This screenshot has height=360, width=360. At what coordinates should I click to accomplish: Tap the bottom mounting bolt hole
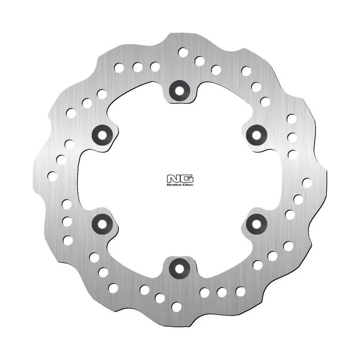click(x=180, y=269)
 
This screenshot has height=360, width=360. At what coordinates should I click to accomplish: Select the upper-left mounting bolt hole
click(x=102, y=134)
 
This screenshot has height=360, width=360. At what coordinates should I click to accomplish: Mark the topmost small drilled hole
click(x=183, y=52)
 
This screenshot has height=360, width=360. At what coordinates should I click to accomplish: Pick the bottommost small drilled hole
click(x=176, y=307)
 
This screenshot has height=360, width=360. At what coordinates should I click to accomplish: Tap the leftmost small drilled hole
click(x=53, y=176)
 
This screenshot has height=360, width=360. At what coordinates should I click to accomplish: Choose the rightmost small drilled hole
click(x=307, y=183)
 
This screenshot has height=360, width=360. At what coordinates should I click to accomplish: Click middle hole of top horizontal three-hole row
click(x=137, y=67)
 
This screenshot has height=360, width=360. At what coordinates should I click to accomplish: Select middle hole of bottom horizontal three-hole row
click(x=222, y=292)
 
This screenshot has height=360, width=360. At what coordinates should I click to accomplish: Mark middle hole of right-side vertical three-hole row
click(x=292, y=137)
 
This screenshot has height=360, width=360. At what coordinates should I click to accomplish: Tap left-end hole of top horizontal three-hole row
click(x=119, y=68)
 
